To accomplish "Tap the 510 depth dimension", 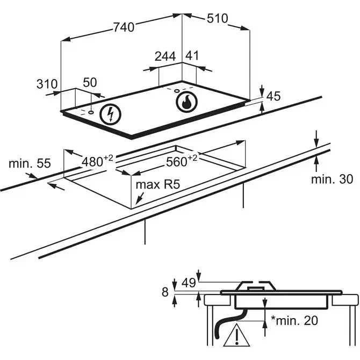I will pyautogui.click(x=217, y=18).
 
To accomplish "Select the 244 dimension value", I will pyautogui.click(x=165, y=56).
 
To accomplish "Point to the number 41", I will pyautogui.click(x=192, y=56).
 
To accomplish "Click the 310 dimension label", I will pyautogui.click(x=47, y=84).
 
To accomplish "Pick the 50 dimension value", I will pyautogui.click(x=90, y=82).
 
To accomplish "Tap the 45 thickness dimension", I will pyautogui.click(x=273, y=97).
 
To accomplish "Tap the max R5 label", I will pyautogui.click(x=157, y=184).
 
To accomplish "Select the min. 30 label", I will pyautogui.click(x=332, y=178).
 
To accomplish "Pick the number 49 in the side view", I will pyautogui.click(x=188, y=282).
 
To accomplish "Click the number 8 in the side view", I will pyautogui.click(x=164, y=292).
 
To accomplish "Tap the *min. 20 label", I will pyautogui.click(x=294, y=321).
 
